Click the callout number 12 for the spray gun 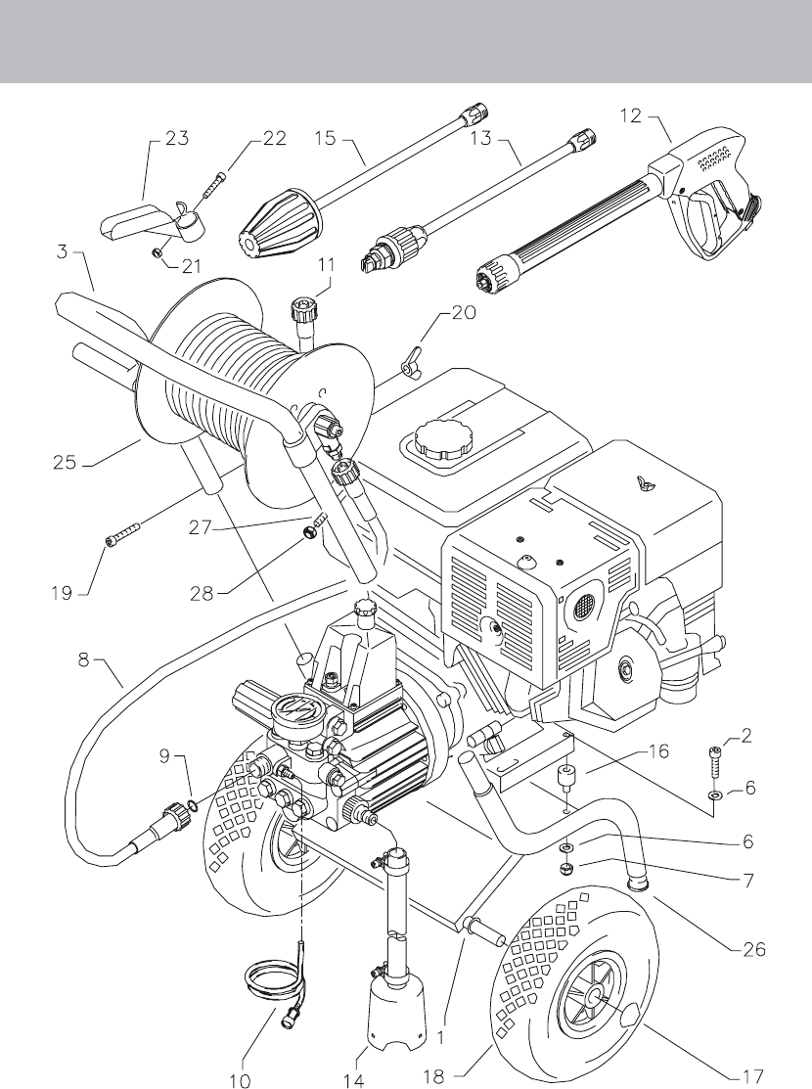click(631, 116)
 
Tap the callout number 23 click(176, 138)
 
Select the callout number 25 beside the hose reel click(65, 461)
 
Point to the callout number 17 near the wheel click(752, 1076)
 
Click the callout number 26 click(753, 949)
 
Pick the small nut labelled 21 click(158, 253)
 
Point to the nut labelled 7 click(566, 868)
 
